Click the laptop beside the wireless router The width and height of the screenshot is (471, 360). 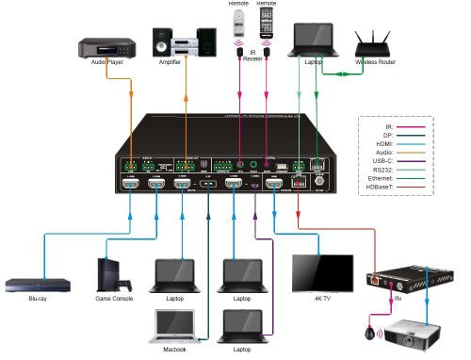(311, 37)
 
